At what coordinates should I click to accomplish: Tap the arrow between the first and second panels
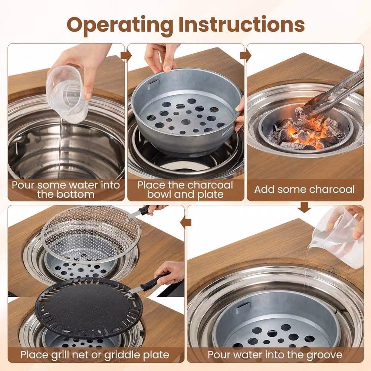pyautogui.click(x=126, y=56)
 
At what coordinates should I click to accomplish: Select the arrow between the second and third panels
pyautogui.click(x=246, y=56)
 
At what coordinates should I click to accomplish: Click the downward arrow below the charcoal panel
pyautogui.click(x=304, y=207)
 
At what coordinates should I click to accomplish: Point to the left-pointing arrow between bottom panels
pyautogui.click(x=186, y=222)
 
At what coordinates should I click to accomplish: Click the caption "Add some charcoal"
pyautogui.click(x=305, y=190)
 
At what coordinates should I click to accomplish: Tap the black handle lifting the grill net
pyautogui.click(x=144, y=210)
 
